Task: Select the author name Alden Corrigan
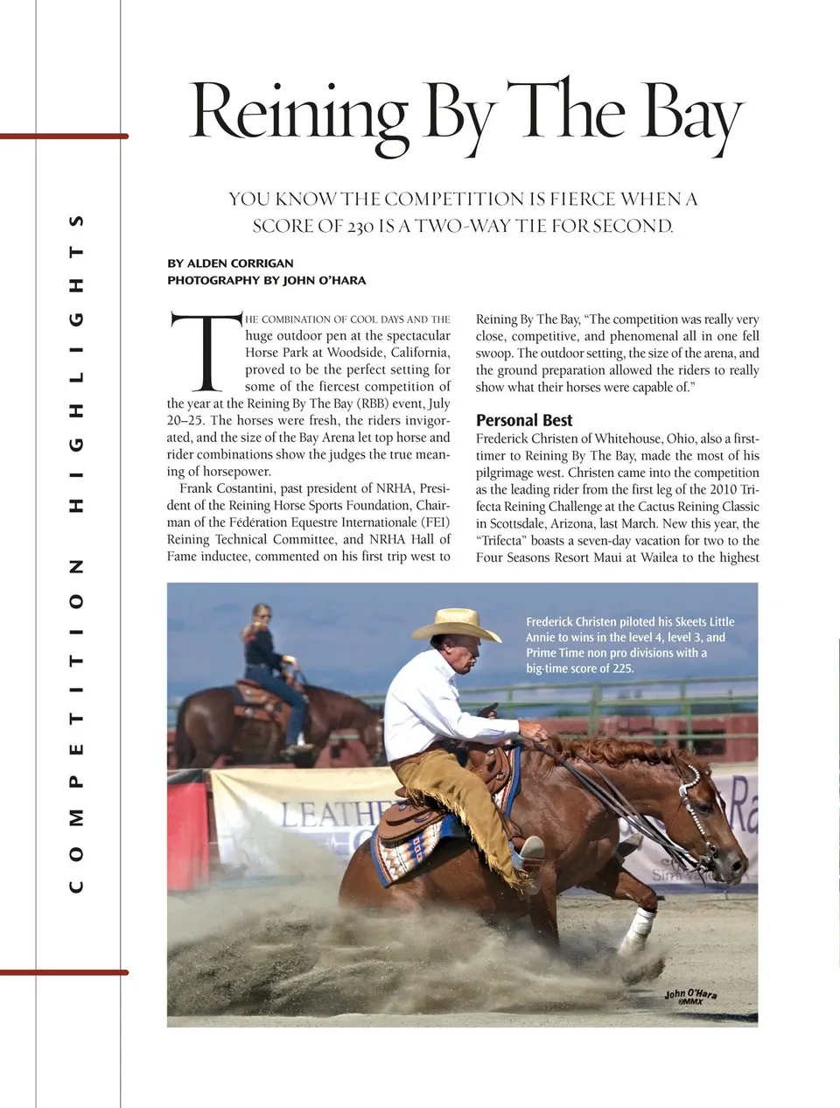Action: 240,263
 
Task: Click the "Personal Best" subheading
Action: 524,420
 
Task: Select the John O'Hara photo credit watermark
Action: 690,996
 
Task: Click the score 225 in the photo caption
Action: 622,669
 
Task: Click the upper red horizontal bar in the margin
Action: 64,137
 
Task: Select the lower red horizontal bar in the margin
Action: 64,972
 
